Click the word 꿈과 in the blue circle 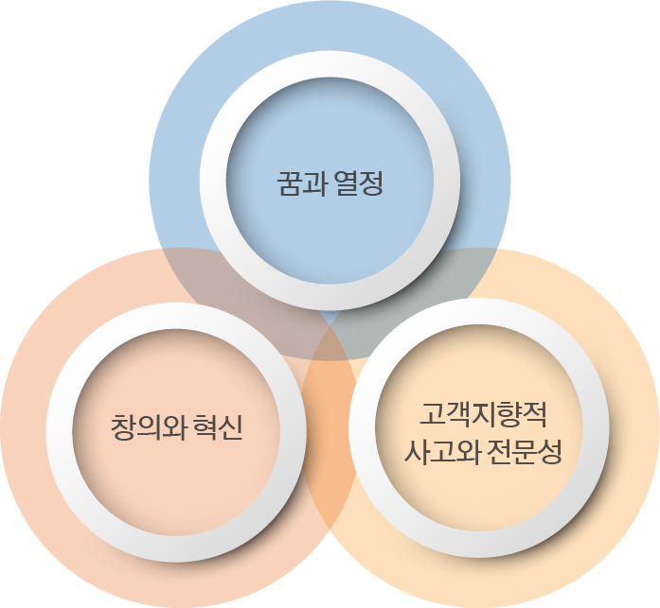(x=302, y=182)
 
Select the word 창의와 (x=149, y=427)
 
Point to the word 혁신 (x=219, y=427)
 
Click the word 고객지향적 (x=483, y=415)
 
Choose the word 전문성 (x=525, y=452)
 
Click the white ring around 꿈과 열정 (x=213, y=181)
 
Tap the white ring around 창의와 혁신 (x=60, y=432)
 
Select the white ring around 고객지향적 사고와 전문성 (x=362, y=427)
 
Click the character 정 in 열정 (x=372, y=182)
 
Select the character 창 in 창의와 (x=123, y=427)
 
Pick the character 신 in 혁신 (x=231, y=427)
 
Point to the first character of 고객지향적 (x=433, y=415)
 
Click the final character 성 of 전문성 (x=550, y=452)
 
